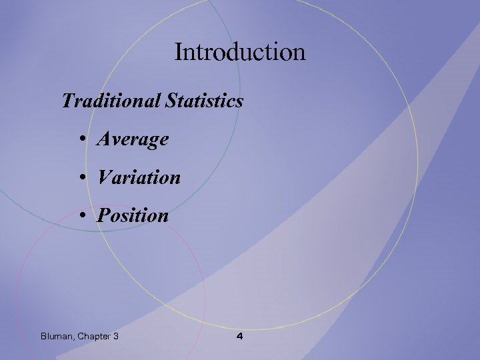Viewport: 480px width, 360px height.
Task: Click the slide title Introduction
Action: click(240, 51)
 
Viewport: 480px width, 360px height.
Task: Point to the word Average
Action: click(133, 140)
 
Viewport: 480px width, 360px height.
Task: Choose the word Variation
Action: click(139, 178)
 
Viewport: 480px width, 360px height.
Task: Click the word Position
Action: click(133, 216)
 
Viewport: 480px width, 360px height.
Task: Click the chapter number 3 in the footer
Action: click(116, 336)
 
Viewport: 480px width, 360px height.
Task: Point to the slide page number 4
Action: click(240, 336)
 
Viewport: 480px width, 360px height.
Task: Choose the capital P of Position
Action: click(103, 216)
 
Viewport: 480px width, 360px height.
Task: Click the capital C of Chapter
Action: click(82, 336)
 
